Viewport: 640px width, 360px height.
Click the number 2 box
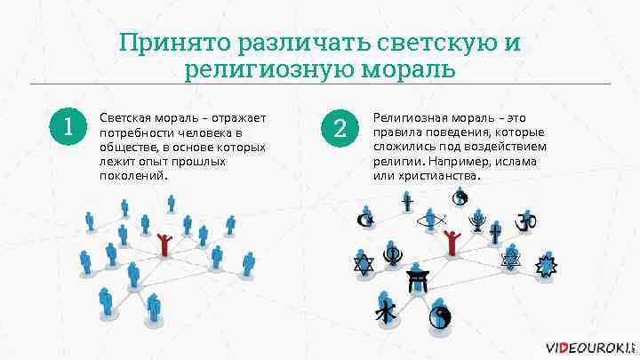(339, 127)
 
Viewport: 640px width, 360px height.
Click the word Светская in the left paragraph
(123, 117)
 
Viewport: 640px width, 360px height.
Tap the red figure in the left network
(164, 243)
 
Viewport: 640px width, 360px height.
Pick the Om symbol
(527, 219)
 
